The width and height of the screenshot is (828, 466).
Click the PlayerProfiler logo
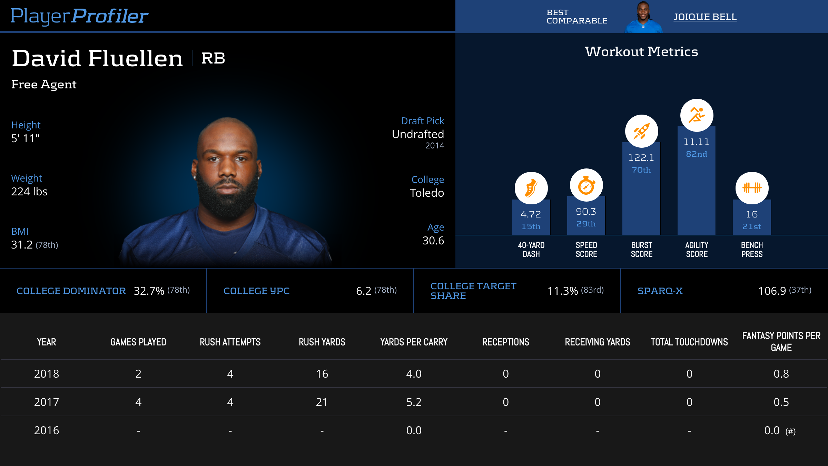click(79, 16)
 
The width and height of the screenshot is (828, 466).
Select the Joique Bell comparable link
click(705, 17)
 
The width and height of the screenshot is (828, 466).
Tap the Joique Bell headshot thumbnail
click(643, 17)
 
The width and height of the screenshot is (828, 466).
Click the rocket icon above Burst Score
click(641, 131)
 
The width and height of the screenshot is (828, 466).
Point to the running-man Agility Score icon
click(697, 115)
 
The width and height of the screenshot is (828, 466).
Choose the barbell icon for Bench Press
click(752, 188)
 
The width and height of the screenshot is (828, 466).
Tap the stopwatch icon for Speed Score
click(586, 185)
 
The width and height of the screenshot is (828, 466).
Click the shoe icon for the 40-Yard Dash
click(531, 188)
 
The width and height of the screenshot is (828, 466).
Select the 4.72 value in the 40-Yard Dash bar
click(531, 214)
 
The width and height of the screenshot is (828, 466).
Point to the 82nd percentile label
click(697, 154)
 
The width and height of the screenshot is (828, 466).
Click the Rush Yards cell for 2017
click(322, 402)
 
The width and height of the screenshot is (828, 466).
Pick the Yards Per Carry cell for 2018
click(414, 374)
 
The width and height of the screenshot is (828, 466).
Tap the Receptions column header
click(505, 342)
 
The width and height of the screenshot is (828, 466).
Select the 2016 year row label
click(47, 430)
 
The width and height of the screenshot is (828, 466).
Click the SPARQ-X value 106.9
click(772, 291)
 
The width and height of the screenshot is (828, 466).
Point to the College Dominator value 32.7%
click(149, 291)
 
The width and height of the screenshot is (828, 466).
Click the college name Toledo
click(427, 193)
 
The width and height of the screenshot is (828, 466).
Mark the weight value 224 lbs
click(29, 192)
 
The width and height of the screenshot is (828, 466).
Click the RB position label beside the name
click(213, 58)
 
